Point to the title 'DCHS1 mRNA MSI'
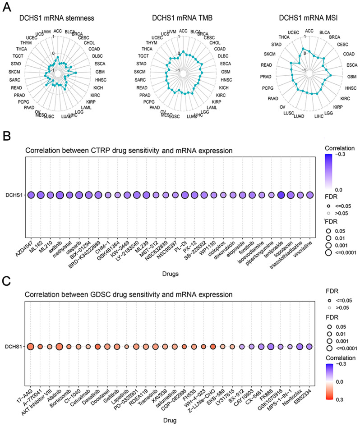307,18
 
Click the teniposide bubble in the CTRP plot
281,195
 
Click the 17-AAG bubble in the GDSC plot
31,347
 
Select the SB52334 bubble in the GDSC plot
309,347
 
